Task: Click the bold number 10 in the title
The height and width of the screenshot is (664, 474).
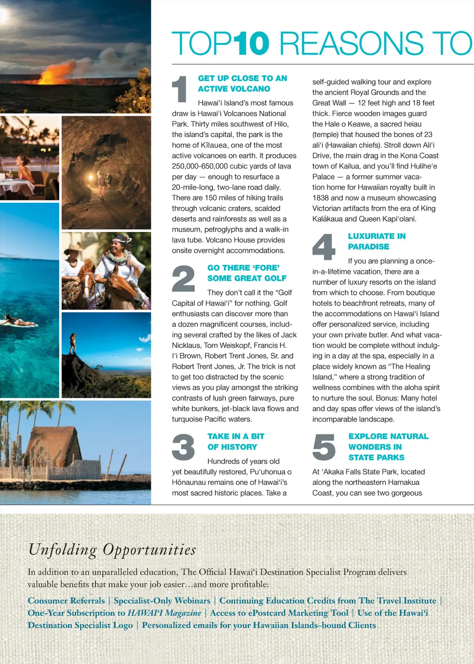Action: pos(250,44)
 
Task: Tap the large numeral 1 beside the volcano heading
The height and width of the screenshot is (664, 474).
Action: pos(180,89)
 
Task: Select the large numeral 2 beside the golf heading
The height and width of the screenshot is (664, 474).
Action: pos(183,279)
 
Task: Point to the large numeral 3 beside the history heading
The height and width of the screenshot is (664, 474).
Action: pos(183,447)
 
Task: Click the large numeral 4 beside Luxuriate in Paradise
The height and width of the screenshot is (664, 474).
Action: pos(324,247)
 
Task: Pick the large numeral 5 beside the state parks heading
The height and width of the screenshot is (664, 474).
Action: pos(324,447)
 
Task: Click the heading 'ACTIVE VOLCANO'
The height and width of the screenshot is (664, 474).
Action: pos(234,89)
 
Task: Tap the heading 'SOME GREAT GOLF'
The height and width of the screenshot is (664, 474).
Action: pos(247,278)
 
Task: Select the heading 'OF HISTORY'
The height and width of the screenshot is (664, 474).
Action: pos(232,447)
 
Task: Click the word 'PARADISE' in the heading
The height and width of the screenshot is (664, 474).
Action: pos(368,247)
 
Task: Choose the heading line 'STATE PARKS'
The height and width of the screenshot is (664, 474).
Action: pos(376,457)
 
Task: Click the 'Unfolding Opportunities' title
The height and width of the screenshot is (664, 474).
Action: pos(112,550)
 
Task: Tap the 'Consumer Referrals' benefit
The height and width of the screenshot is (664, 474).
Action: pos(66,601)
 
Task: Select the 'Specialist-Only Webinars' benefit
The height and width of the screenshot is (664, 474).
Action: pos(162,601)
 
